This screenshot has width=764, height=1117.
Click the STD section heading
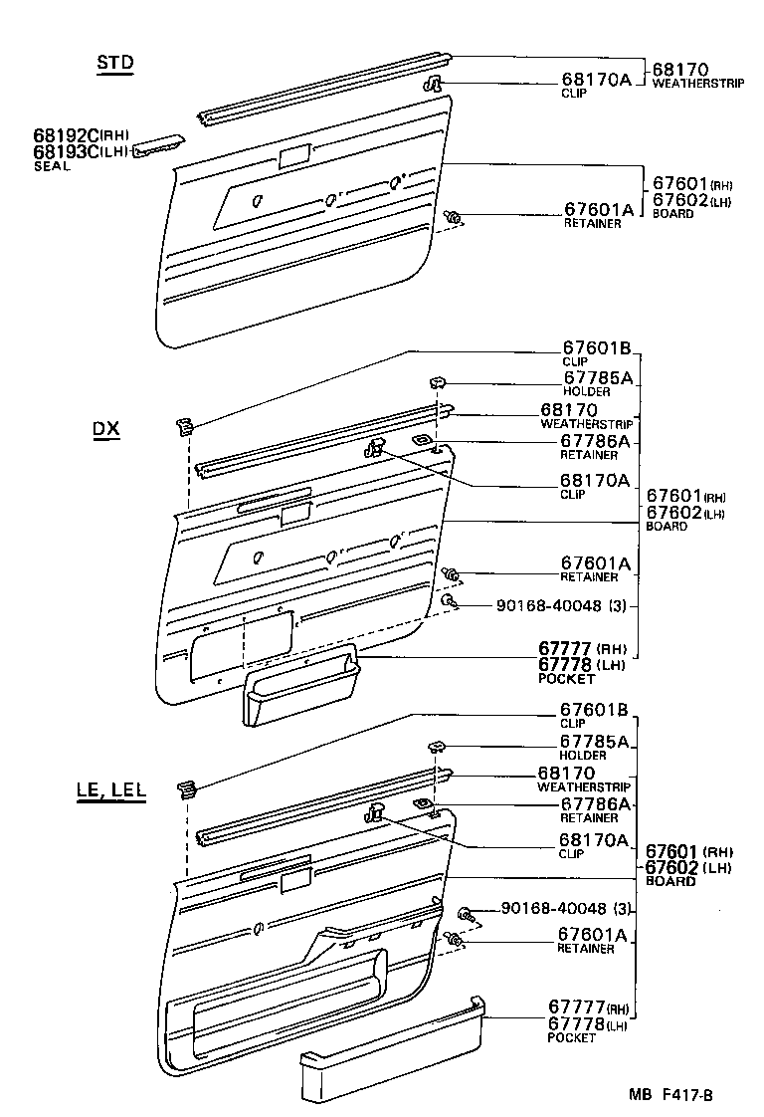(115, 63)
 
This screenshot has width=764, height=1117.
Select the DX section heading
(105, 430)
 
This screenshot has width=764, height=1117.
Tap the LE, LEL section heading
(110, 791)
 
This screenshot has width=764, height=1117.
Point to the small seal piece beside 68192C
(158, 143)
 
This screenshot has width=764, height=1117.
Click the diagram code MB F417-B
(669, 1095)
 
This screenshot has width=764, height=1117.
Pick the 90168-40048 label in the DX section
(552, 605)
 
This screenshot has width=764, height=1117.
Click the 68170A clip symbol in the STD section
(435, 85)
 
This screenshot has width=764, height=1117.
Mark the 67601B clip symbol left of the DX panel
(184, 427)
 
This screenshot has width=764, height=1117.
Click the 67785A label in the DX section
(597, 377)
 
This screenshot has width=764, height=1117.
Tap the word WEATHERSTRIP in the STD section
(698, 84)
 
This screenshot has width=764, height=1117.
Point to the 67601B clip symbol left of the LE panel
(187, 789)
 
